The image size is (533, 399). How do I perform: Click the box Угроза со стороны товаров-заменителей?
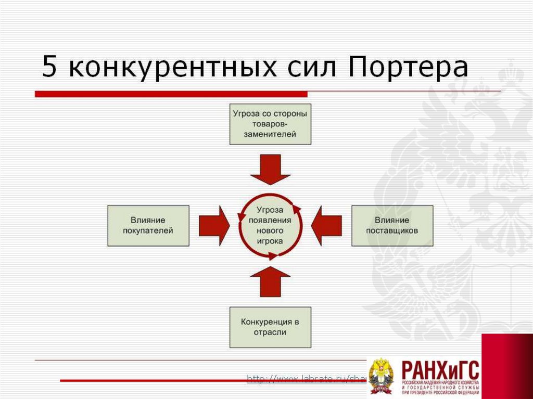[270, 124]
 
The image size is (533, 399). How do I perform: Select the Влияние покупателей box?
[148, 225]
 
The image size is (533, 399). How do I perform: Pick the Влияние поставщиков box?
[392, 225]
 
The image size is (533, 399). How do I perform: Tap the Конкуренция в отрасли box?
[270, 327]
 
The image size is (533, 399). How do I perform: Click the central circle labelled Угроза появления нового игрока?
[270, 225]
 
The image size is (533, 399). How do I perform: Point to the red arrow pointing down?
[270, 169]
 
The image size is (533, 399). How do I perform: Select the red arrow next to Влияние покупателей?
[213, 225]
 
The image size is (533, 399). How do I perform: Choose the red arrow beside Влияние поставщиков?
[327, 225]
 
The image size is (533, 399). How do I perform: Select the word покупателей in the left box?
[148, 230]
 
